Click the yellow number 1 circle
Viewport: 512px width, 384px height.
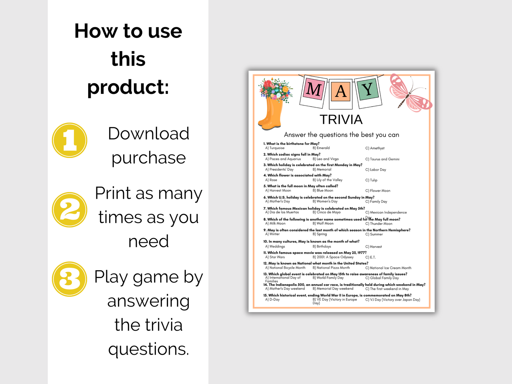(69, 140)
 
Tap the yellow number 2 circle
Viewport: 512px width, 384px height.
(69, 210)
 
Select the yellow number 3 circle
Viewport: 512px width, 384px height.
(69, 279)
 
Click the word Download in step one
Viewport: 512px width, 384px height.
(148, 134)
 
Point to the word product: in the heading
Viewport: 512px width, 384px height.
(128, 87)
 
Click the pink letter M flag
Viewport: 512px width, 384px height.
(313, 90)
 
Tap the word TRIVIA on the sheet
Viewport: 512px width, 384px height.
(341, 120)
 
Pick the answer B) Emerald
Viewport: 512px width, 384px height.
(321, 148)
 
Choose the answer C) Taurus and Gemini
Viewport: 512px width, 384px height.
(382, 159)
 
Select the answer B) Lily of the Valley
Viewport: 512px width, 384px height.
(327, 180)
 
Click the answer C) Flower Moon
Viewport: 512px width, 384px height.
(378, 191)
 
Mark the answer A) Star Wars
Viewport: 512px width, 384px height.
(275, 257)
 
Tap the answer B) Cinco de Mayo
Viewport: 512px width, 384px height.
(326, 212)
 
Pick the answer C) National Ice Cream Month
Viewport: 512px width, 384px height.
(388, 268)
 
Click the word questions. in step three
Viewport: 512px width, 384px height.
(148, 349)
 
